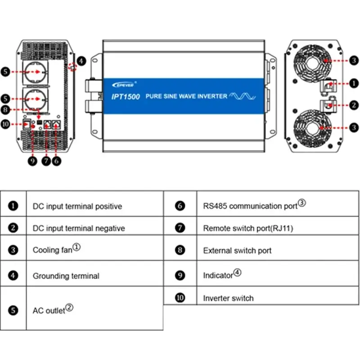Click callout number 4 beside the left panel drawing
[81, 60]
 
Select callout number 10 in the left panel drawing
[5, 124]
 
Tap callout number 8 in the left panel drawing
[5, 109]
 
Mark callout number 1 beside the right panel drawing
[354, 83]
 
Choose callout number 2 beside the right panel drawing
[354, 105]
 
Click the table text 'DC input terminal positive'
[77, 206]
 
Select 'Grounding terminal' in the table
[66, 275]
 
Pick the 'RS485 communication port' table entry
[250, 206]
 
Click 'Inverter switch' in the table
[228, 298]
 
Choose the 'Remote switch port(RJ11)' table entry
[248, 228]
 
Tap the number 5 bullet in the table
[13, 310]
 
